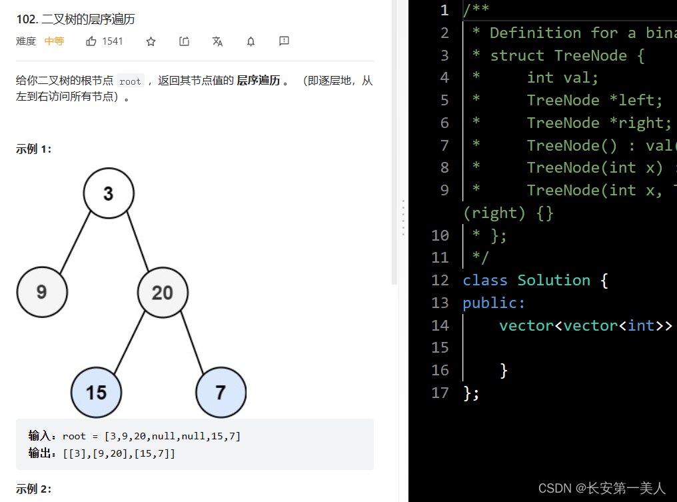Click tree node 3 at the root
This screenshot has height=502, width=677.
(x=109, y=193)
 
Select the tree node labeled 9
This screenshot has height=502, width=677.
(x=41, y=291)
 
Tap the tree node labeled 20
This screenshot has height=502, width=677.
(x=163, y=292)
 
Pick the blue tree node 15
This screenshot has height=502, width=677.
(x=96, y=391)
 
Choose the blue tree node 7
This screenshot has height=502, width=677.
(x=221, y=391)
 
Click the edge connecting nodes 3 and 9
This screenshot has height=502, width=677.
(x=75, y=242)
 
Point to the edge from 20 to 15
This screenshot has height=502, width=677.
(x=129, y=342)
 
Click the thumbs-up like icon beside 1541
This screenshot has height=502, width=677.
(x=91, y=41)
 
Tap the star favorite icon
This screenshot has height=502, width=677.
(x=151, y=41)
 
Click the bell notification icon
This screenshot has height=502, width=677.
(x=251, y=41)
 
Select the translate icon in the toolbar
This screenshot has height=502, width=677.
(x=217, y=41)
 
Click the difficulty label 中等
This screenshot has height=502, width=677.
(x=54, y=41)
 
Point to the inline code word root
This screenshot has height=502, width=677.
(x=130, y=81)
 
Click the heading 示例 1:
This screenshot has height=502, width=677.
(x=33, y=149)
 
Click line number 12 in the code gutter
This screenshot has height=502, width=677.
(x=440, y=280)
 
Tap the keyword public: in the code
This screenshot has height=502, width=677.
(x=494, y=303)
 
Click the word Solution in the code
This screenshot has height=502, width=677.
(x=554, y=280)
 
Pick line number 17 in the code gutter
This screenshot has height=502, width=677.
(x=440, y=392)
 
